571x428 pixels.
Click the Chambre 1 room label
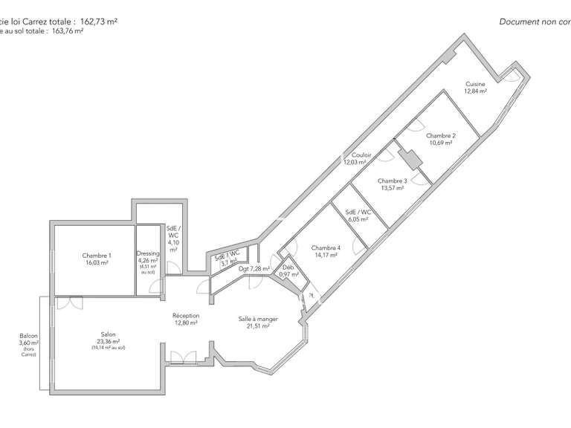(x=96, y=255)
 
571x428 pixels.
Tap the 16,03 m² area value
(x=96, y=262)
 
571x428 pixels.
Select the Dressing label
(x=148, y=253)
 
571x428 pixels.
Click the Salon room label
(x=109, y=334)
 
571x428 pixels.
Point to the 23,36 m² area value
(x=109, y=342)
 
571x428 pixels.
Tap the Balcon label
(x=29, y=336)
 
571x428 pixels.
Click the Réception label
(x=186, y=315)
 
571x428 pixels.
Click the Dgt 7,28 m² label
(x=254, y=268)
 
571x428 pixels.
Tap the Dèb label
(x=288, y=267)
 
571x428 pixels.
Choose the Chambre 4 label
(x=326, y=247)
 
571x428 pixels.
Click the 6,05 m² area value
(x=359, y=219)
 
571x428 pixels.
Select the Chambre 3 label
(x=392, y=181)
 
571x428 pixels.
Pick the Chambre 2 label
(x=441, y=135)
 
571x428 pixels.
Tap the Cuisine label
(x=476, y=84)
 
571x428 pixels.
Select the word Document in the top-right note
(x=519, y=22)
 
